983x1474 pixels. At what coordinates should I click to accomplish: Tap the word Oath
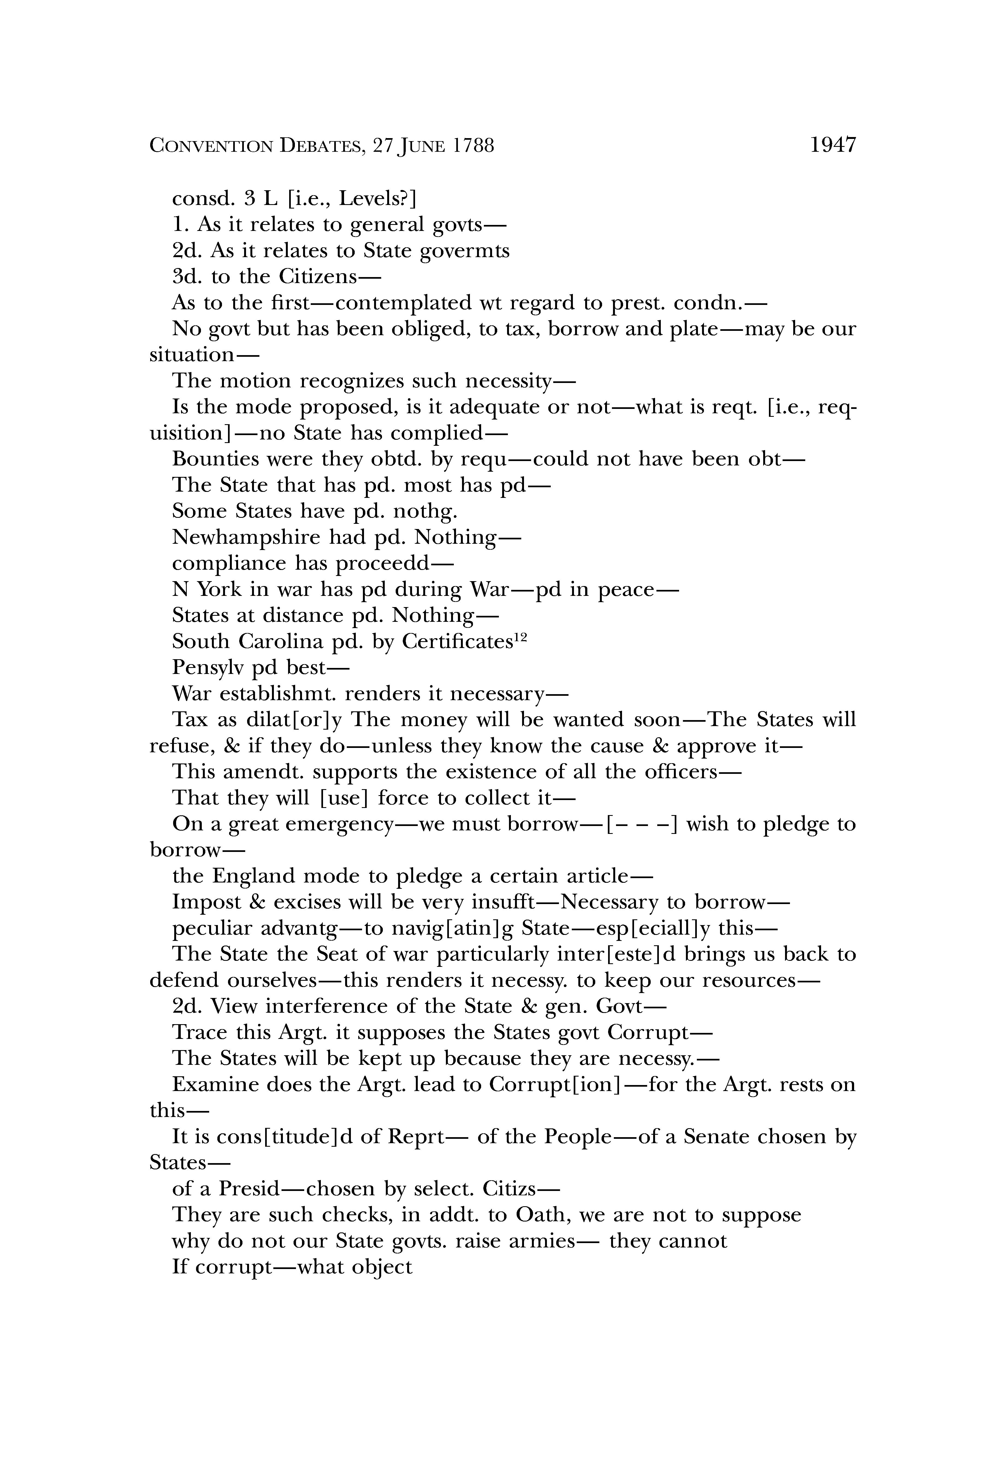coord(540,1214)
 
